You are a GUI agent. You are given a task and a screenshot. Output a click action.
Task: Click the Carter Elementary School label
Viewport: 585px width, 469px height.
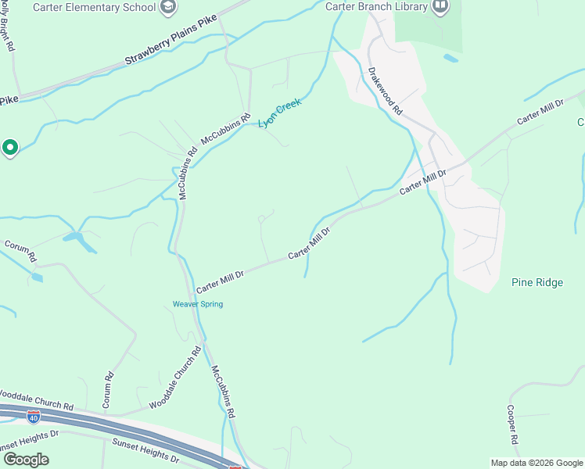click(94, 7)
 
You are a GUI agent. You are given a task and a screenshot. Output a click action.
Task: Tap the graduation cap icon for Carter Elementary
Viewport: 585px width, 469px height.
click(167, 7)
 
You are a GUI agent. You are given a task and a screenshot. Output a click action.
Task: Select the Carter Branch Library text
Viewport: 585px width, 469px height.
click(376, 7)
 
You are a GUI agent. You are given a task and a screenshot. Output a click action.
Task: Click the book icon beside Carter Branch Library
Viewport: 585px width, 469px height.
click(440, 7)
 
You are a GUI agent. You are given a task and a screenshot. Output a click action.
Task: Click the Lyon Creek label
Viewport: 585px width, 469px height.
click(279, 113)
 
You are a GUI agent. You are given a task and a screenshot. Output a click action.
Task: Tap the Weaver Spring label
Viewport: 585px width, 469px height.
click(198, 304)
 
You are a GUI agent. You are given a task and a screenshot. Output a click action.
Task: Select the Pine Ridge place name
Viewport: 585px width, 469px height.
click(537, 282)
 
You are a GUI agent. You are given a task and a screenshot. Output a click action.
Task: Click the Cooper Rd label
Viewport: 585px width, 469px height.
click(511, 424)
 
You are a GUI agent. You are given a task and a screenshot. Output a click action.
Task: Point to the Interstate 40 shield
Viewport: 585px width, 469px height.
click(33, 417)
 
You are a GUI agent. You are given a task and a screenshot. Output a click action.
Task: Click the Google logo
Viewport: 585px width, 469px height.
click(26, 460)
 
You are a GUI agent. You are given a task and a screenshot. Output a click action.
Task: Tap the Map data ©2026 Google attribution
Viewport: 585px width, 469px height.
click(537, 463)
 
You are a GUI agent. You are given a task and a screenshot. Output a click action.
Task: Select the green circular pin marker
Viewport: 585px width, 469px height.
click(10, 146)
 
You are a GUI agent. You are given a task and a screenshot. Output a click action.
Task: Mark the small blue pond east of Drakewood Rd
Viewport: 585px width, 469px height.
click(450, 58)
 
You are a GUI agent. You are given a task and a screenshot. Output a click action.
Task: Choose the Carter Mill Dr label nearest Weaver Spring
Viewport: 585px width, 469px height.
click(220, 277)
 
